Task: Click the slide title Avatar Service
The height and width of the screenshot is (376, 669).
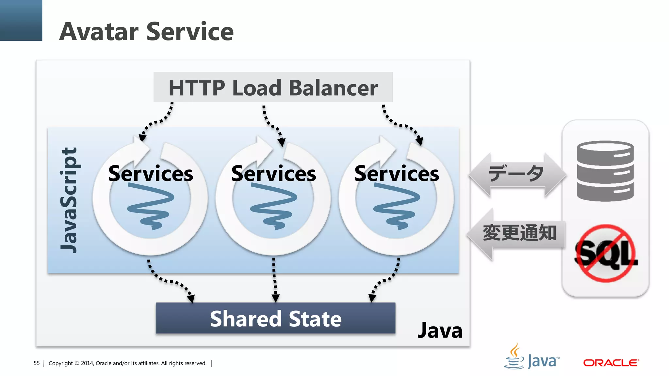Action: pos(146,31)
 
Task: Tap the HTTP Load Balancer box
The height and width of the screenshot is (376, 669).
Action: pos(273,87)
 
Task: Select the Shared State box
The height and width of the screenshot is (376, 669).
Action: pos(275,319)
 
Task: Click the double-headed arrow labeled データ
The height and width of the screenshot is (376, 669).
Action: pos(517,174)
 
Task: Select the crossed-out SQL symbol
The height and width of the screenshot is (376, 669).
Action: pos(606,253)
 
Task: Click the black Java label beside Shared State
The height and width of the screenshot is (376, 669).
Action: pos(440,331)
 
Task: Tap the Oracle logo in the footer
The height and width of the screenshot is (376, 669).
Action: pos(611,363)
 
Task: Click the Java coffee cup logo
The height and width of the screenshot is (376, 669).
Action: pos(515,356)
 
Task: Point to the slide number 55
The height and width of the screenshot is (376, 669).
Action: pos(37,363)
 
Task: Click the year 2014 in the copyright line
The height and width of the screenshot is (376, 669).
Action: pos(87,363)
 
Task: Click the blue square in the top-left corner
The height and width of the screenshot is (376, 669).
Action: pos(21,20)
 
